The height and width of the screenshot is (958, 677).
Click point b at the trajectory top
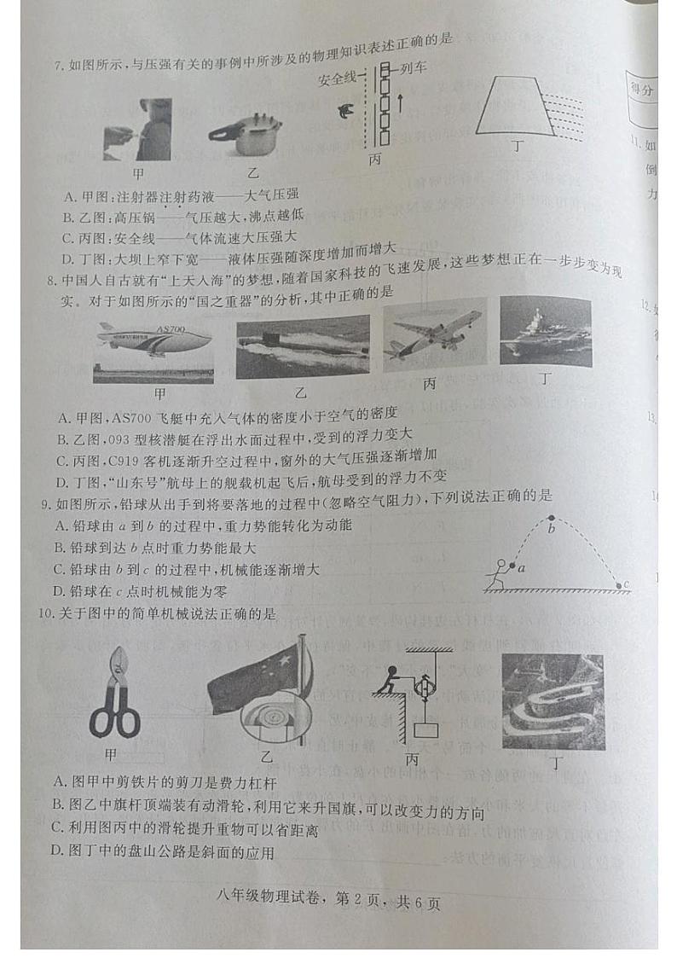(550, 518)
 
